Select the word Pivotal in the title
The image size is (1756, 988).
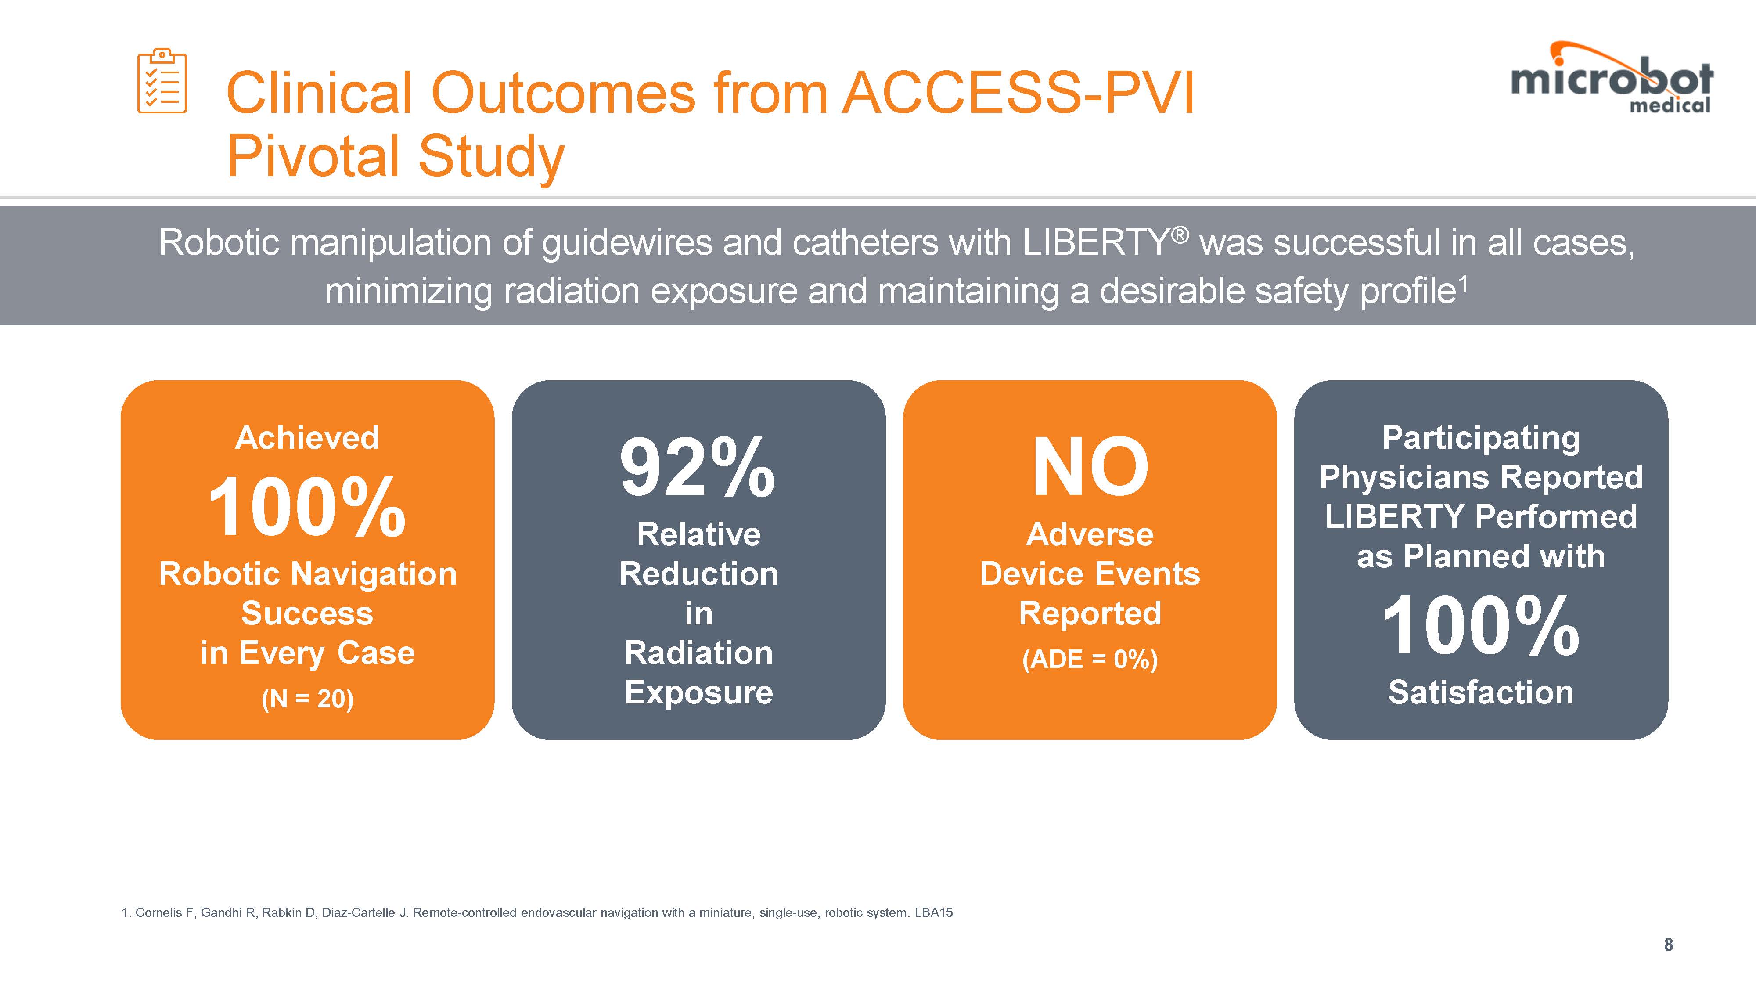(x=313, y=156)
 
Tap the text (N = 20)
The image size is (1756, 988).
(x=307, y=699)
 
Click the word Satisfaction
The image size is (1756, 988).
(x=1481, y=693)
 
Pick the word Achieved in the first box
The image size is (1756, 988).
(x=307, y=438)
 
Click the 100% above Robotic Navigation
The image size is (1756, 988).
(x=307, y=508)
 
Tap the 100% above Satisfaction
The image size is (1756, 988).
(x=1481, y=626)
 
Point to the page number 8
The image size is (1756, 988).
(x=1668, y=945)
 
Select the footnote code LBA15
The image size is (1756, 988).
(x=933, y=912)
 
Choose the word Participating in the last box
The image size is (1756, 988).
(x=1481, y=438)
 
